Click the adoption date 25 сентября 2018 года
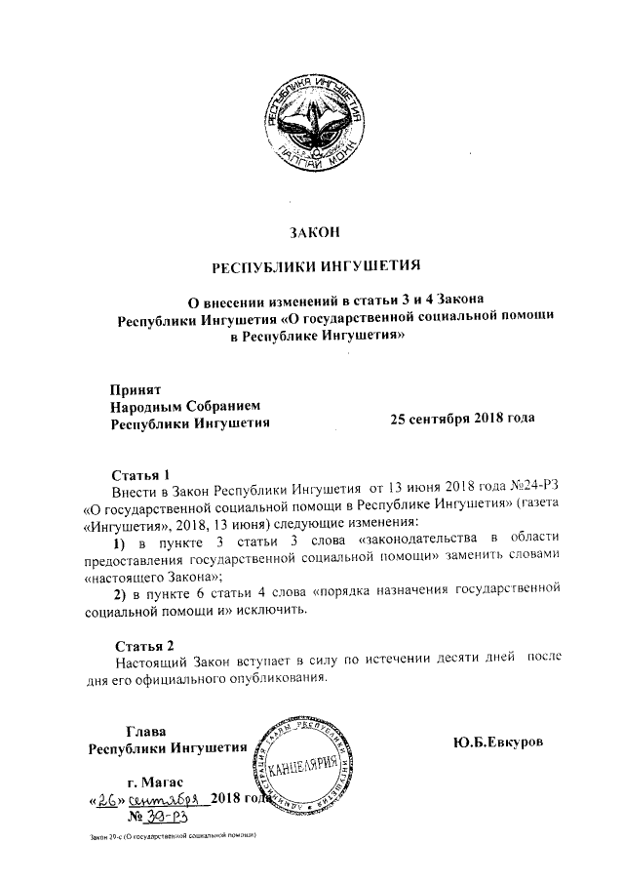point(462,419)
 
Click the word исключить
point(272,611)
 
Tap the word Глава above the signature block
point(146,732)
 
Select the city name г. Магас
point(155,782)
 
